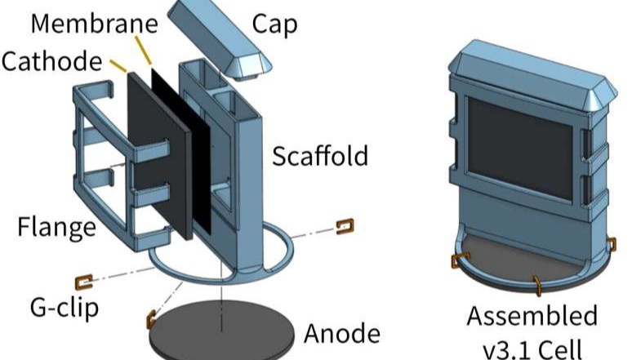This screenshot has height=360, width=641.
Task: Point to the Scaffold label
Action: point(322,155)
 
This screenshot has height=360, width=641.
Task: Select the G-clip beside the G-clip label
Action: point(83,282)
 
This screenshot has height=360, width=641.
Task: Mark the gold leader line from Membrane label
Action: point(145,51)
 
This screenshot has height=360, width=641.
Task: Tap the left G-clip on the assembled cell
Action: point(456,260)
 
